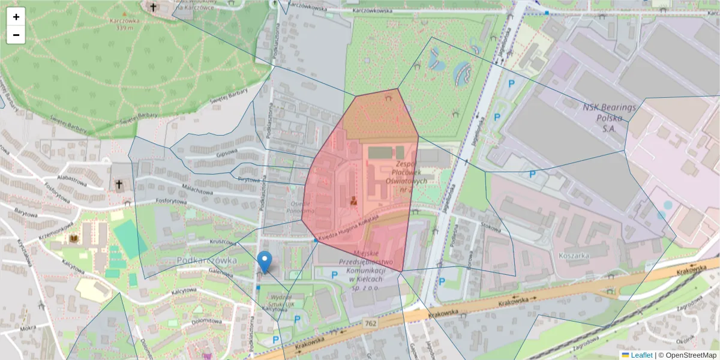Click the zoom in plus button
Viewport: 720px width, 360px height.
coord(16,17)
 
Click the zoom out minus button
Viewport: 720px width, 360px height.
coord(16,35)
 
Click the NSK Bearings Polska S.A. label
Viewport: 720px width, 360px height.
coord(609,118)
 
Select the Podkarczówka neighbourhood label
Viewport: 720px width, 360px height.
coord(206,260)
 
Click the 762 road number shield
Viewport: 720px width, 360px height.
coord(371,323)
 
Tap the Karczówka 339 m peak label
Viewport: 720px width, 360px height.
coord(125,23)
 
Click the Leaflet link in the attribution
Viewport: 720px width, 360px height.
coord(641,355)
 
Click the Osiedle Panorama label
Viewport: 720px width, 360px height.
coord(299,207)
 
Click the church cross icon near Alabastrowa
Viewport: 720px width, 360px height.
coord(119,184)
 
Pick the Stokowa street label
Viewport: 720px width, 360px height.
coord(490,227)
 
